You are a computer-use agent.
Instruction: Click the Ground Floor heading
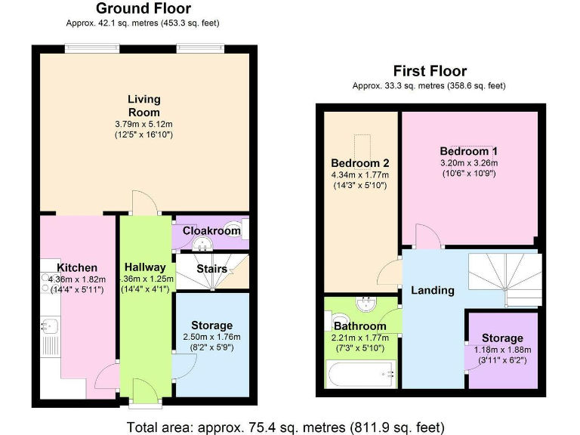(x=143, y=9)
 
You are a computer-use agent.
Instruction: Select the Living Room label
(x=143, y=106)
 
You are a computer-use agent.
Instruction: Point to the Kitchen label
(x=77, y=267)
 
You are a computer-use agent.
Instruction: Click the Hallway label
(x=145, y=267)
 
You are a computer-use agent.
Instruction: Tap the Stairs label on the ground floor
(x=212, y=268)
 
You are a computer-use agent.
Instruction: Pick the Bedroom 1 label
(x=469, y=151)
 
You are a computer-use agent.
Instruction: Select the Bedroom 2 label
(x=360, y=163)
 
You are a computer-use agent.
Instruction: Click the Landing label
(x=432, y=290)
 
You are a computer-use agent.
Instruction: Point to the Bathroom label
(x=359, y=326)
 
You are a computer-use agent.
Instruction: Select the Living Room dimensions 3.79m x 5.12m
(x=143, y=124)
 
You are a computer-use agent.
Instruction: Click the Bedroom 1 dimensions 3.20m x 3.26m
(x=469, y=162)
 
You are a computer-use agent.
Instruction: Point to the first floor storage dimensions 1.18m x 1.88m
(x=502, y=350)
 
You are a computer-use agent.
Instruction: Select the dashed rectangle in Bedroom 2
(x=363, y=145)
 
